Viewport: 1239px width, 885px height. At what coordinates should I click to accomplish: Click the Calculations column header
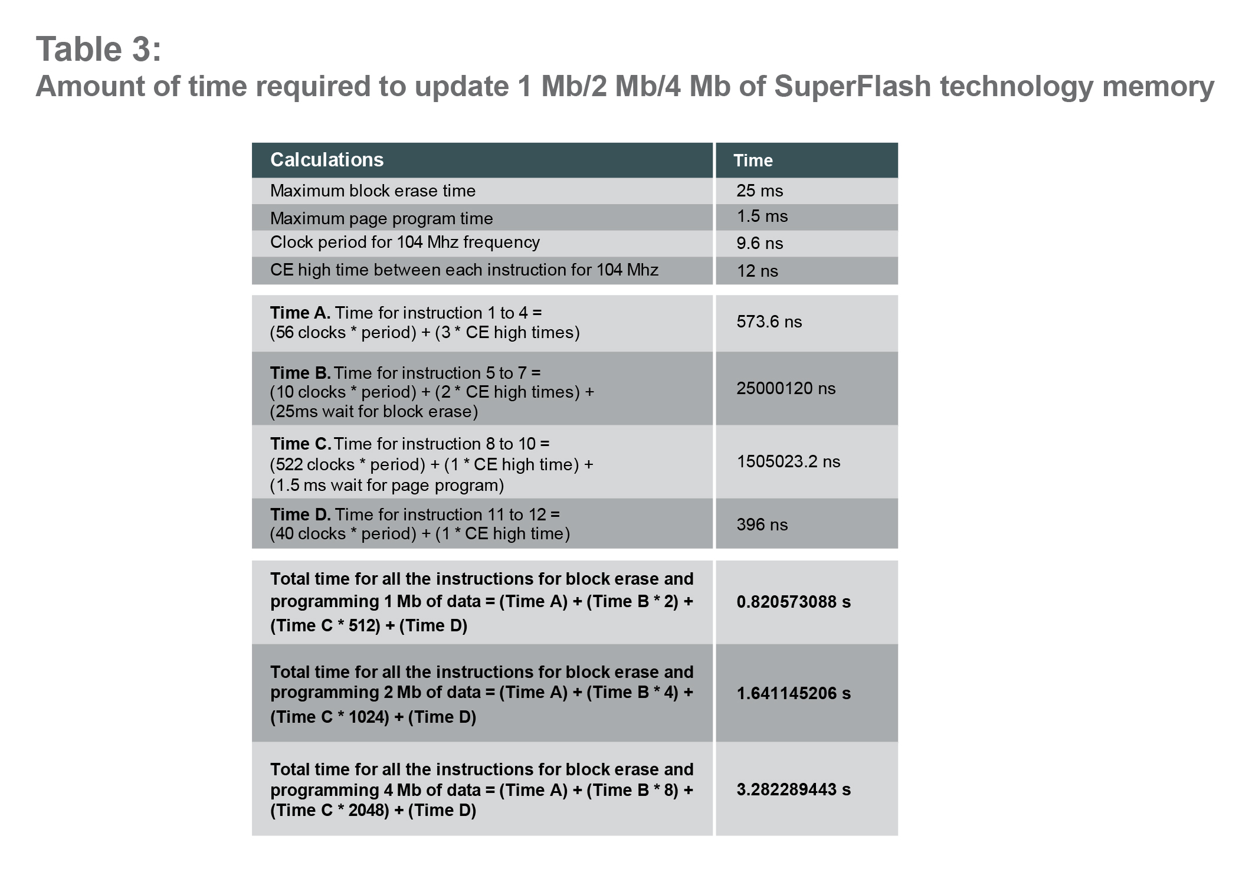[327, 160]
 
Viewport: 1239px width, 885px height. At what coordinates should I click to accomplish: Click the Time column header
[753, 160]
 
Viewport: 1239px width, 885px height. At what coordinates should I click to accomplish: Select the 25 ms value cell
[760, 191]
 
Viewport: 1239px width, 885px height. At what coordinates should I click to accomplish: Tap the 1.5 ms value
[762, 216]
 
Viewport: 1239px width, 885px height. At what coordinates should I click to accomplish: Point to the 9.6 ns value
[760, 243]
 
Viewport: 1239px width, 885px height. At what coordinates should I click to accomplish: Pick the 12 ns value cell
[758, 271]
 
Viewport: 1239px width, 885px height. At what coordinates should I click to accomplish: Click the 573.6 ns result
[769, 322]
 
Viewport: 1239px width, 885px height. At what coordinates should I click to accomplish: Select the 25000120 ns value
[786, 388]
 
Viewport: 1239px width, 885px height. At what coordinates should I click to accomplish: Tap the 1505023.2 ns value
[788, 461]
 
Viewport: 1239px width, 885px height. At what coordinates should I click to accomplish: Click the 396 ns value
[762, 525]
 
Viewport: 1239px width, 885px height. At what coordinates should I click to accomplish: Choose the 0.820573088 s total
[794, 602]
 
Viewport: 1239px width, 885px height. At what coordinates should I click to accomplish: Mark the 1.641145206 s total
[794, 693]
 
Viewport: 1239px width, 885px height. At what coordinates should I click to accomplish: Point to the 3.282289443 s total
[794, 789]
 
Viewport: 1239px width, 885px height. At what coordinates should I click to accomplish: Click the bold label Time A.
[300, 313]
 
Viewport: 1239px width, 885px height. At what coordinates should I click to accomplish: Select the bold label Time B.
[300, 373]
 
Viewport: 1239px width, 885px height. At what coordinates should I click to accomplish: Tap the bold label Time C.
[300, 444]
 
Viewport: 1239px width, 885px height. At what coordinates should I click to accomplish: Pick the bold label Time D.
[300, 514]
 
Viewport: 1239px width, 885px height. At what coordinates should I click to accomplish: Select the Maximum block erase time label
[373, 191]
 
